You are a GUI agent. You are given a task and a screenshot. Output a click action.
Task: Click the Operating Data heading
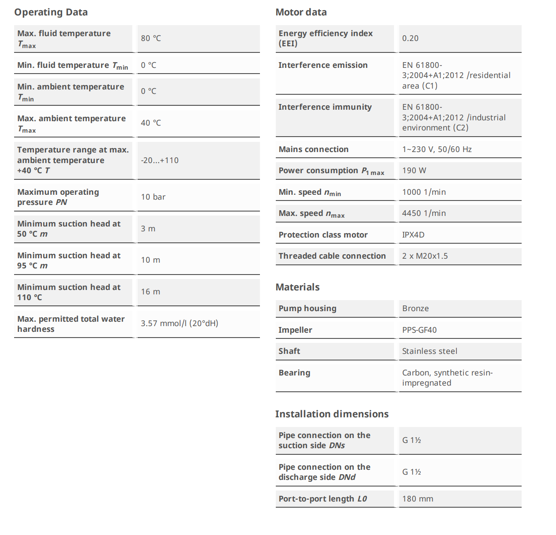click(51, 12)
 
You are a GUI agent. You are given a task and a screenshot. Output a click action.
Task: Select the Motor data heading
click(301, 12)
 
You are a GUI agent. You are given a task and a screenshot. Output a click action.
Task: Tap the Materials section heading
click(297, 287)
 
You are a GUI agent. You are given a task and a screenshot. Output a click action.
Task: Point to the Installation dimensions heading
click(332, 414)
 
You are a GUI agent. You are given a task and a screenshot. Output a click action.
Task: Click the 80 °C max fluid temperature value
click(151, 38)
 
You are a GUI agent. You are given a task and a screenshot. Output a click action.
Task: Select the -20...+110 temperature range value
click(159, 160)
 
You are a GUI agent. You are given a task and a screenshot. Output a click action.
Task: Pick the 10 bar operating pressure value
click(153, 197)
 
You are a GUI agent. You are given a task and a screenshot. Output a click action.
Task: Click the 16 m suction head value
click(151, 292)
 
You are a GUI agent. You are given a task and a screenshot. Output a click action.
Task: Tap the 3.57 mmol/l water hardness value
click(179, 323)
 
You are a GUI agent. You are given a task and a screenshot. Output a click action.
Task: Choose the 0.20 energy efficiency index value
click(410, 38)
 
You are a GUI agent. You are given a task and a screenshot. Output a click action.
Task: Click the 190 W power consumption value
click(414, 171)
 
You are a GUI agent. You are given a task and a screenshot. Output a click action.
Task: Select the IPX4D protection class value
click(413, 235)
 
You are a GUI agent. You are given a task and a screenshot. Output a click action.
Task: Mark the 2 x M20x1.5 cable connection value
click(425, 256)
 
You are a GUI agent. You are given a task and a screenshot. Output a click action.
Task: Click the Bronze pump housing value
click(415, 308)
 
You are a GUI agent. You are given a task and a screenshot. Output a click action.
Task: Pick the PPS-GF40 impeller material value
click(419, 330)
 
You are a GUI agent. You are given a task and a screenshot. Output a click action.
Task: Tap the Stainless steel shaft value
click(430, 351)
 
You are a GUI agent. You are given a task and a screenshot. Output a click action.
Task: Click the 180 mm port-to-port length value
click(418, 499)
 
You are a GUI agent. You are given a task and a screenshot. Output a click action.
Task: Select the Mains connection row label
click(313, 149)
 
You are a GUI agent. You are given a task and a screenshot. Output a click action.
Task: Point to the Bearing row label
click(294, 373)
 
